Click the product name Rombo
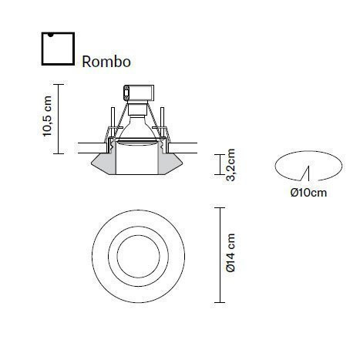(x=106, y=60)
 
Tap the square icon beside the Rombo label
(x=57, y=49)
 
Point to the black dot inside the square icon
(x=48, y=35)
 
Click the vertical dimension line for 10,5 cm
(x=59, y=116)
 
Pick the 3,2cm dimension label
(x=230, y=164)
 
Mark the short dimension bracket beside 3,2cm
(x=217, y=164)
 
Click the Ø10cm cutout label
(x=308, y=192)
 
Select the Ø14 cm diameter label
(x=230, y=255)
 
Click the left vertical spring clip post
(x=113, y=127)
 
